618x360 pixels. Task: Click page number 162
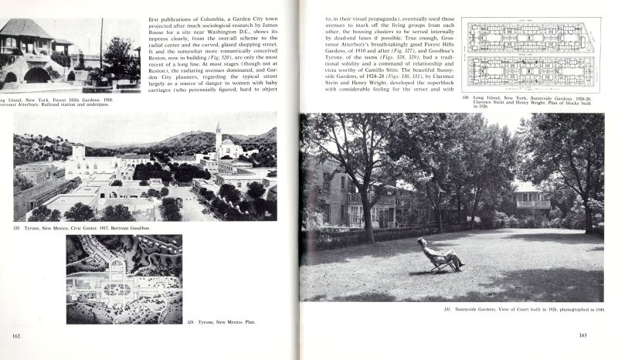pyautogui.click(x=16, y=335)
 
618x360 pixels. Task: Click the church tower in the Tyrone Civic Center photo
pyautogui.click(x=219, y=139)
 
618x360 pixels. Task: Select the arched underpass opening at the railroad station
pyautogui.click(x=36, y=75)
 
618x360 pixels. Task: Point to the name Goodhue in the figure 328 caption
pyautogui.click(x=147, y=229)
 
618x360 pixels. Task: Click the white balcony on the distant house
pyautogui.click(x=534, y=204)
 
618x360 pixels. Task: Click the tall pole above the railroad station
pyautogui.click(x=101, y=35)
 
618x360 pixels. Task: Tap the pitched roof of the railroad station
pyautogui.click(x=27, y=29)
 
